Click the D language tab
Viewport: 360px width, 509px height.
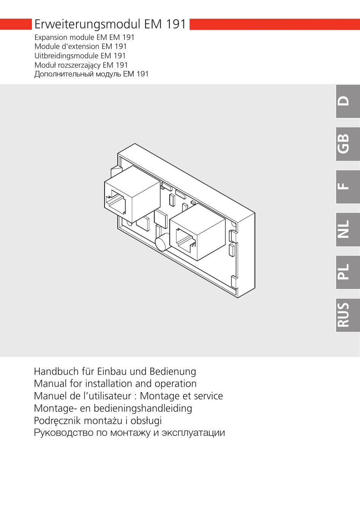point(347,101)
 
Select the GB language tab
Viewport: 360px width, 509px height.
point(347,144)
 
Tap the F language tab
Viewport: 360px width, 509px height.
point(347,187)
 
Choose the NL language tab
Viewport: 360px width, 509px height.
point(347,229)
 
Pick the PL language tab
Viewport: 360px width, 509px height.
point(347,272)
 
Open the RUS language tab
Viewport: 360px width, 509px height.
point(347,315)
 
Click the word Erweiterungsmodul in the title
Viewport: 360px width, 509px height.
point(88,24)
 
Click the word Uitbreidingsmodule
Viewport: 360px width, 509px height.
point(67,56)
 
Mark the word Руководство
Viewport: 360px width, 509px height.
point(64,433)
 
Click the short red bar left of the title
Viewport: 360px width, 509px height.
point(16,24)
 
